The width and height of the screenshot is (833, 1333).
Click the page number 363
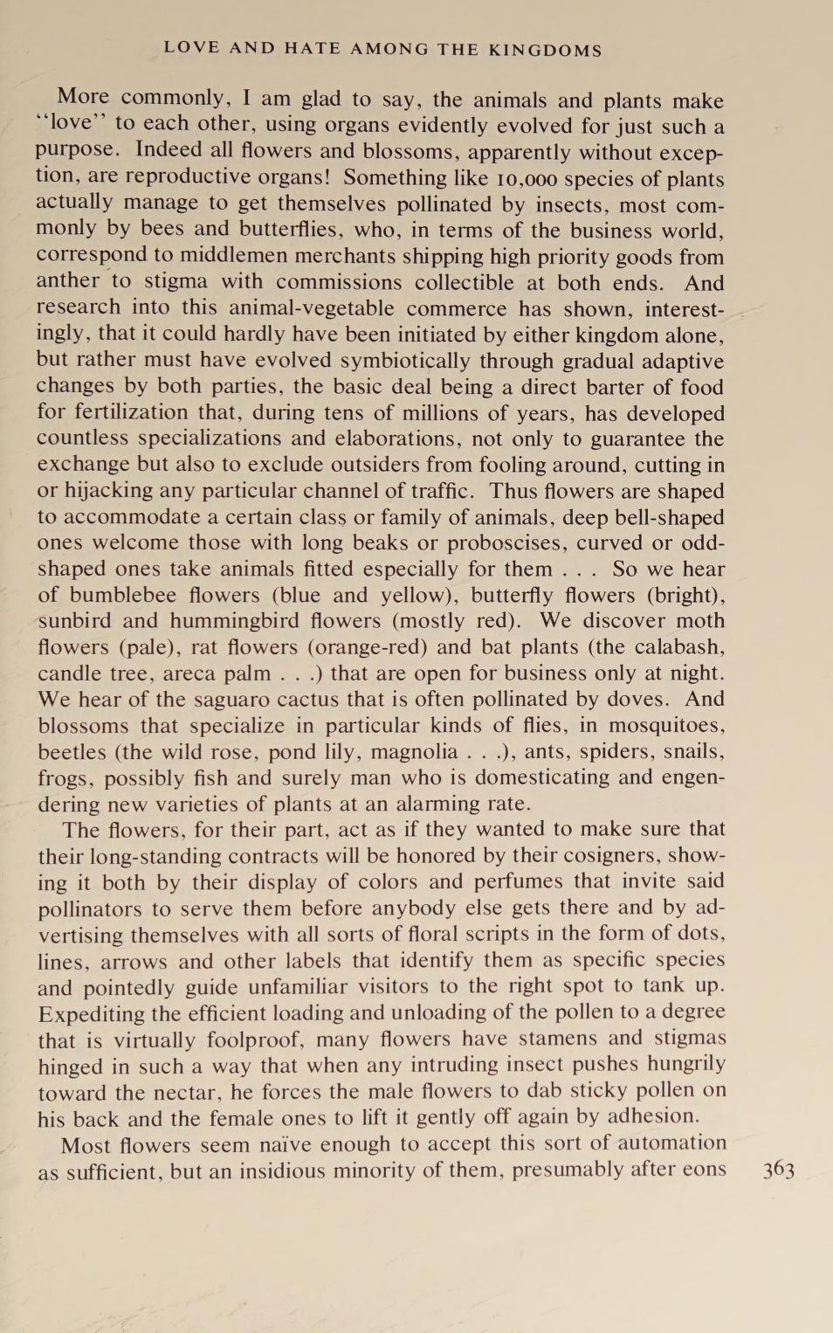(778, 1171)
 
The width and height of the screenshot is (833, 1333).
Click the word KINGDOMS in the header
(545, 50)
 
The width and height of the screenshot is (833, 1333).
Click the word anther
(68, 281)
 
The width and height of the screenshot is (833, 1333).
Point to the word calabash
(680, 647)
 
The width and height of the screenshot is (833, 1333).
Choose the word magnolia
(414, 752)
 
